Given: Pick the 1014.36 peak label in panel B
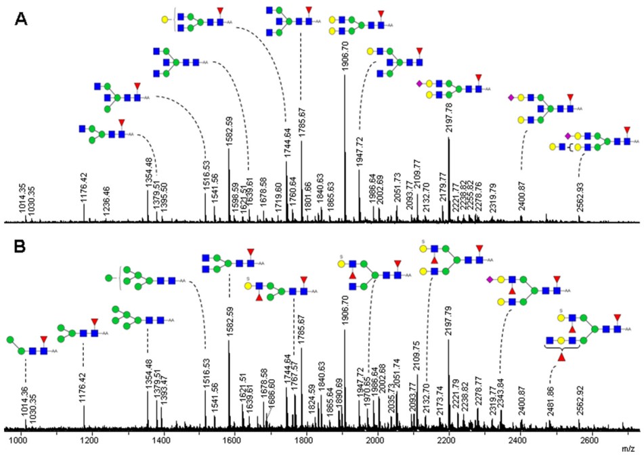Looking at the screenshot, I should [25, 398].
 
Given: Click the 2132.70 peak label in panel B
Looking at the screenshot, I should [426, 390].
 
